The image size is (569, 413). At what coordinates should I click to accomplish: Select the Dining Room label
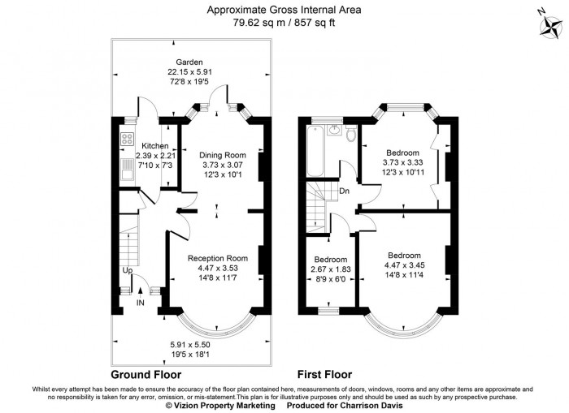(217, 155)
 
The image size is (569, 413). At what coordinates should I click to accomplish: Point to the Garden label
(192, 62)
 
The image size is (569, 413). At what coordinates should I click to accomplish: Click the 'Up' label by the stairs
(128, 270)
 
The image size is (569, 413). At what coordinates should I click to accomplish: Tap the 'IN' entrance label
(141, 303)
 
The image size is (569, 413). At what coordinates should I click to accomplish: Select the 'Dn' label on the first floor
(344, 192)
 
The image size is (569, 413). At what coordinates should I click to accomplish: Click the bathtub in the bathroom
(316, 151)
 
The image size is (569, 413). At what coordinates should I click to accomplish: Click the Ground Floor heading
(146, 375)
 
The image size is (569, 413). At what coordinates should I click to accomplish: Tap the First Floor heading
(324, 375)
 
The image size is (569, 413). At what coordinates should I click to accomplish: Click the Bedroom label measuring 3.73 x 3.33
(402, 153)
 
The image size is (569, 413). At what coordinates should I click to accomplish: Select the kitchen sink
(127, 170)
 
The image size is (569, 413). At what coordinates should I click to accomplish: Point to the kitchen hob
(126, 138)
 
